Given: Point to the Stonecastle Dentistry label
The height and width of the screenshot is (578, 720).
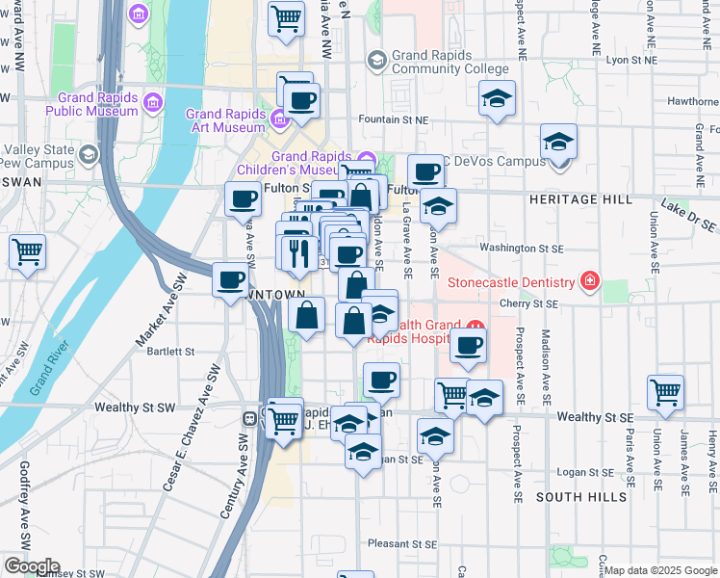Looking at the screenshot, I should click(x=514, y=282).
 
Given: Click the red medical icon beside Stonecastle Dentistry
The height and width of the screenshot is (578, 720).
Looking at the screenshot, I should click(x=590, y=282).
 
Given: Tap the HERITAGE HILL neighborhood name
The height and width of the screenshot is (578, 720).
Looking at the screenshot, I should click(x=580, y=198).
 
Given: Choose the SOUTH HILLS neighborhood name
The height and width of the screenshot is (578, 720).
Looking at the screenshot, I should click(x=576, y=496).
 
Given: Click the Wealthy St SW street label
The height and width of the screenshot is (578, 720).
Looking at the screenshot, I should click(x=135, y=408).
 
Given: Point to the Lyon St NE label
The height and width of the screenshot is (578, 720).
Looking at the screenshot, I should click(x=630, y=60).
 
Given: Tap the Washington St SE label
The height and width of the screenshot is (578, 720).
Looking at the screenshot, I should click(x=521, y=248).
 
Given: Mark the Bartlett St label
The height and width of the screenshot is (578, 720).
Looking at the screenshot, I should click(x=171, y=352).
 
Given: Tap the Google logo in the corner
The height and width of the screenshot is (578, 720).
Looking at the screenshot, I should click(x=31, y=566).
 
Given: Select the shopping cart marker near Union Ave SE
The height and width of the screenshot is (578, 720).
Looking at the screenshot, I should click(x=666, y=392).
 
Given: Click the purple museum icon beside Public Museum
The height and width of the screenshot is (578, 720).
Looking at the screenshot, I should click(x=152, y=101).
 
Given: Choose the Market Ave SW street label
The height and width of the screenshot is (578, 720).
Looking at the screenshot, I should click(x=161, y=311).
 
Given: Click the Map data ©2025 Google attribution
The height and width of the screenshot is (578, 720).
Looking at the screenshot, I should click(x=660, y=570).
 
